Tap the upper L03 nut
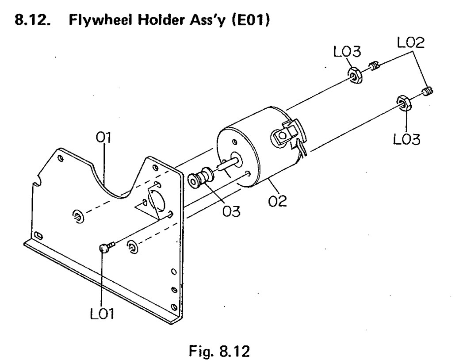point(355,76)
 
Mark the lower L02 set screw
point(427,92)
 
